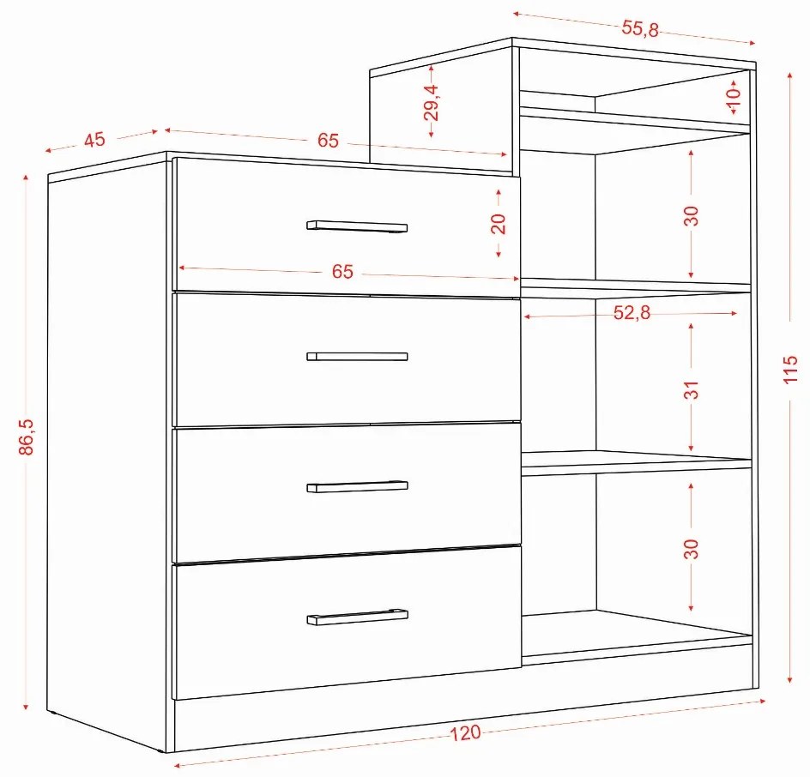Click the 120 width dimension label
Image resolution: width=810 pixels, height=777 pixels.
pos(465,732)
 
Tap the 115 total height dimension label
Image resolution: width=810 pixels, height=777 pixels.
pos(790,369)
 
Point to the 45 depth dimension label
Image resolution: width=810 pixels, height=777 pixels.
pos(94,140)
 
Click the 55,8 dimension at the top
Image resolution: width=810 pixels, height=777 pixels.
pos(640,28)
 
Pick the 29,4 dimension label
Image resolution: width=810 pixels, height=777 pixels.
pos(431,102)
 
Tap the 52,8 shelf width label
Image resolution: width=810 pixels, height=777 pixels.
pos(632,312)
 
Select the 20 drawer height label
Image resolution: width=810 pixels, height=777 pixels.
pos(498,224)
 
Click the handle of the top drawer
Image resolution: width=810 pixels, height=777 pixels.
pos(357,226)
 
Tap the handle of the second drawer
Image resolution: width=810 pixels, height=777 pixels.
pos(357,356)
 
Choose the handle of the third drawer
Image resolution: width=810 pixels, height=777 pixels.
pos(357,486)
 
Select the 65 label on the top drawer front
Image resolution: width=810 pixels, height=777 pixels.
pos(342,272)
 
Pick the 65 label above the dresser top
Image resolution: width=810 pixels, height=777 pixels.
pos(328,140)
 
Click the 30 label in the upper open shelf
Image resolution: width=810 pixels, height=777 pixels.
pos(691,216)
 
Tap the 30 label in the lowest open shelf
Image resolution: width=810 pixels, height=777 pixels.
pos(691,549)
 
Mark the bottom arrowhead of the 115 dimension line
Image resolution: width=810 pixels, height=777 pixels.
pos(790,679)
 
